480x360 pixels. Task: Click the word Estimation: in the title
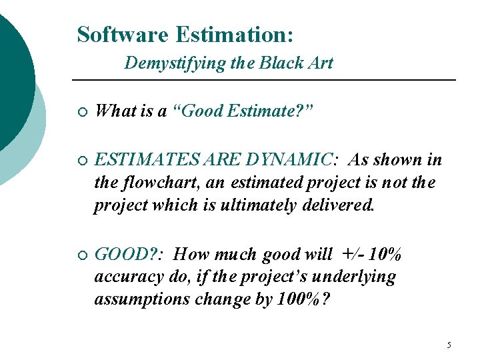pos(229,34)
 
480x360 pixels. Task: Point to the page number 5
pos(449,345)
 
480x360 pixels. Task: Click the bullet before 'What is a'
pos(81,112)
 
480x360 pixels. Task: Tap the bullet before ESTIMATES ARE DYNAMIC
pos(81,161)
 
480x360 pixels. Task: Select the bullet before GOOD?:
pos(81,255)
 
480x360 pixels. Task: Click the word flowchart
pos(153,183)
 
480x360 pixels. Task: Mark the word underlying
pos(355,277)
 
